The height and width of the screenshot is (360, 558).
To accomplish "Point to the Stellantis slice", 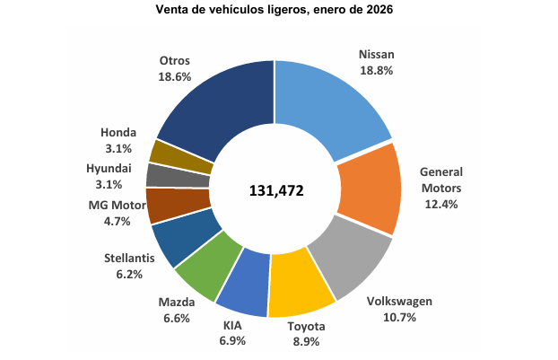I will pos(179,234).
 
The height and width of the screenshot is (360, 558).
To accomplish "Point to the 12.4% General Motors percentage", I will pos(440,205).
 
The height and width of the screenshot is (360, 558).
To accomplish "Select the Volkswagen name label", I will pos(400,302).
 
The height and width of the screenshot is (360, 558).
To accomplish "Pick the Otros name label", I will pos(174,61).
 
